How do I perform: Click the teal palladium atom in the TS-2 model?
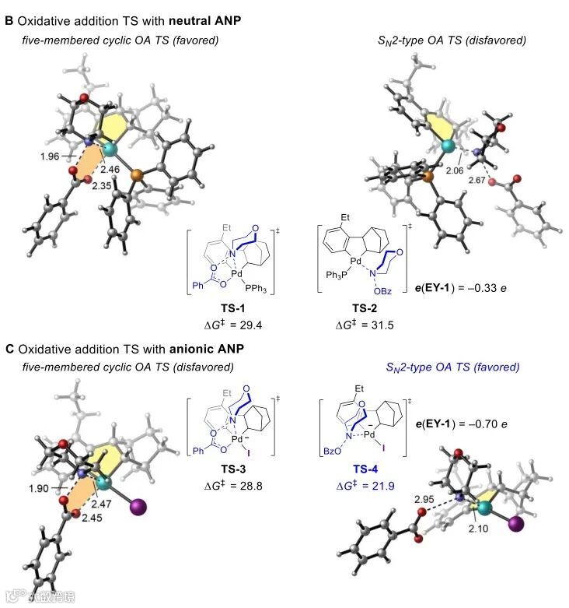[x=448, y=145]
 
